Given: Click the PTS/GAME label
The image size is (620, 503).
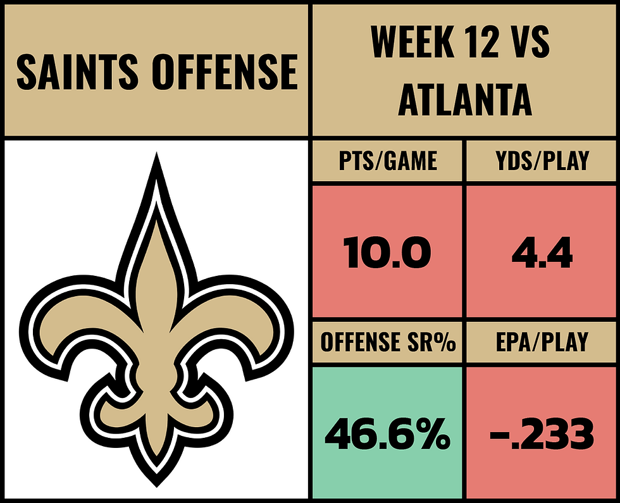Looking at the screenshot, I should (387, 161).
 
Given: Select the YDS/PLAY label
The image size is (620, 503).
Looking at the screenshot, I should (542, 161).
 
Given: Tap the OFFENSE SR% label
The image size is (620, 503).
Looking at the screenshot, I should (387, 342).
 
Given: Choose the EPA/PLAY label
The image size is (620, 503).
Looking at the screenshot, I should (542, 342).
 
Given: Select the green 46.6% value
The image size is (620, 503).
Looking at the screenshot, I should (387, 435).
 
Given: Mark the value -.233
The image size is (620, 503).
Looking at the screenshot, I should (542, 435).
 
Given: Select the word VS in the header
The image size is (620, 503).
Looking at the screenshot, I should (530, 41).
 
